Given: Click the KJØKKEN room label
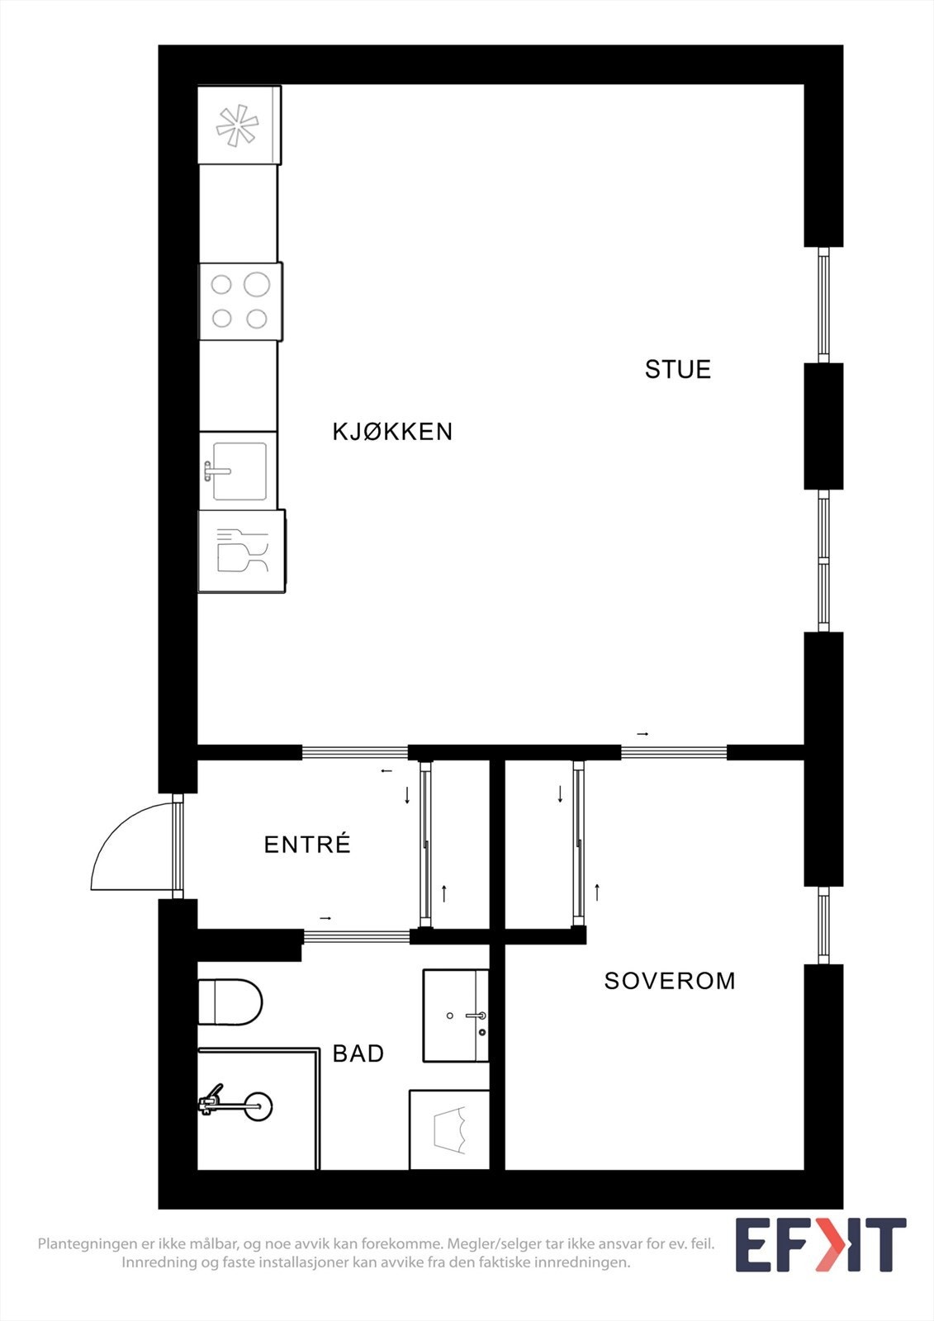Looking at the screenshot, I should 392,431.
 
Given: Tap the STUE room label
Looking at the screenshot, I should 677,369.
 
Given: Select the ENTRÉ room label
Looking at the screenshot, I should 307,845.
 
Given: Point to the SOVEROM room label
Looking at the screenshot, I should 670,981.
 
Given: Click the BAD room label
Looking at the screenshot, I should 358,1053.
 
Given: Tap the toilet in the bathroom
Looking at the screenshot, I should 230,1001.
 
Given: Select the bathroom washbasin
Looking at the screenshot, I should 455,1015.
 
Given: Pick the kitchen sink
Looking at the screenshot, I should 239,471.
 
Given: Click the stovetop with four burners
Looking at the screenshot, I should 239,301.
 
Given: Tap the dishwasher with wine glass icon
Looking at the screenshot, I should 241,551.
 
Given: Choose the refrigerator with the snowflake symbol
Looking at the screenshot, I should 238,125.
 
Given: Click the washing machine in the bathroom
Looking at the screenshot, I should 449,1129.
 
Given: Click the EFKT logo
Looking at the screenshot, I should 820,1245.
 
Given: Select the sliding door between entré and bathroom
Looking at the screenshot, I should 357,935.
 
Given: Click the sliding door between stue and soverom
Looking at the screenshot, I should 674,751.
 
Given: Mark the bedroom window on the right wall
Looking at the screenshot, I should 823,925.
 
